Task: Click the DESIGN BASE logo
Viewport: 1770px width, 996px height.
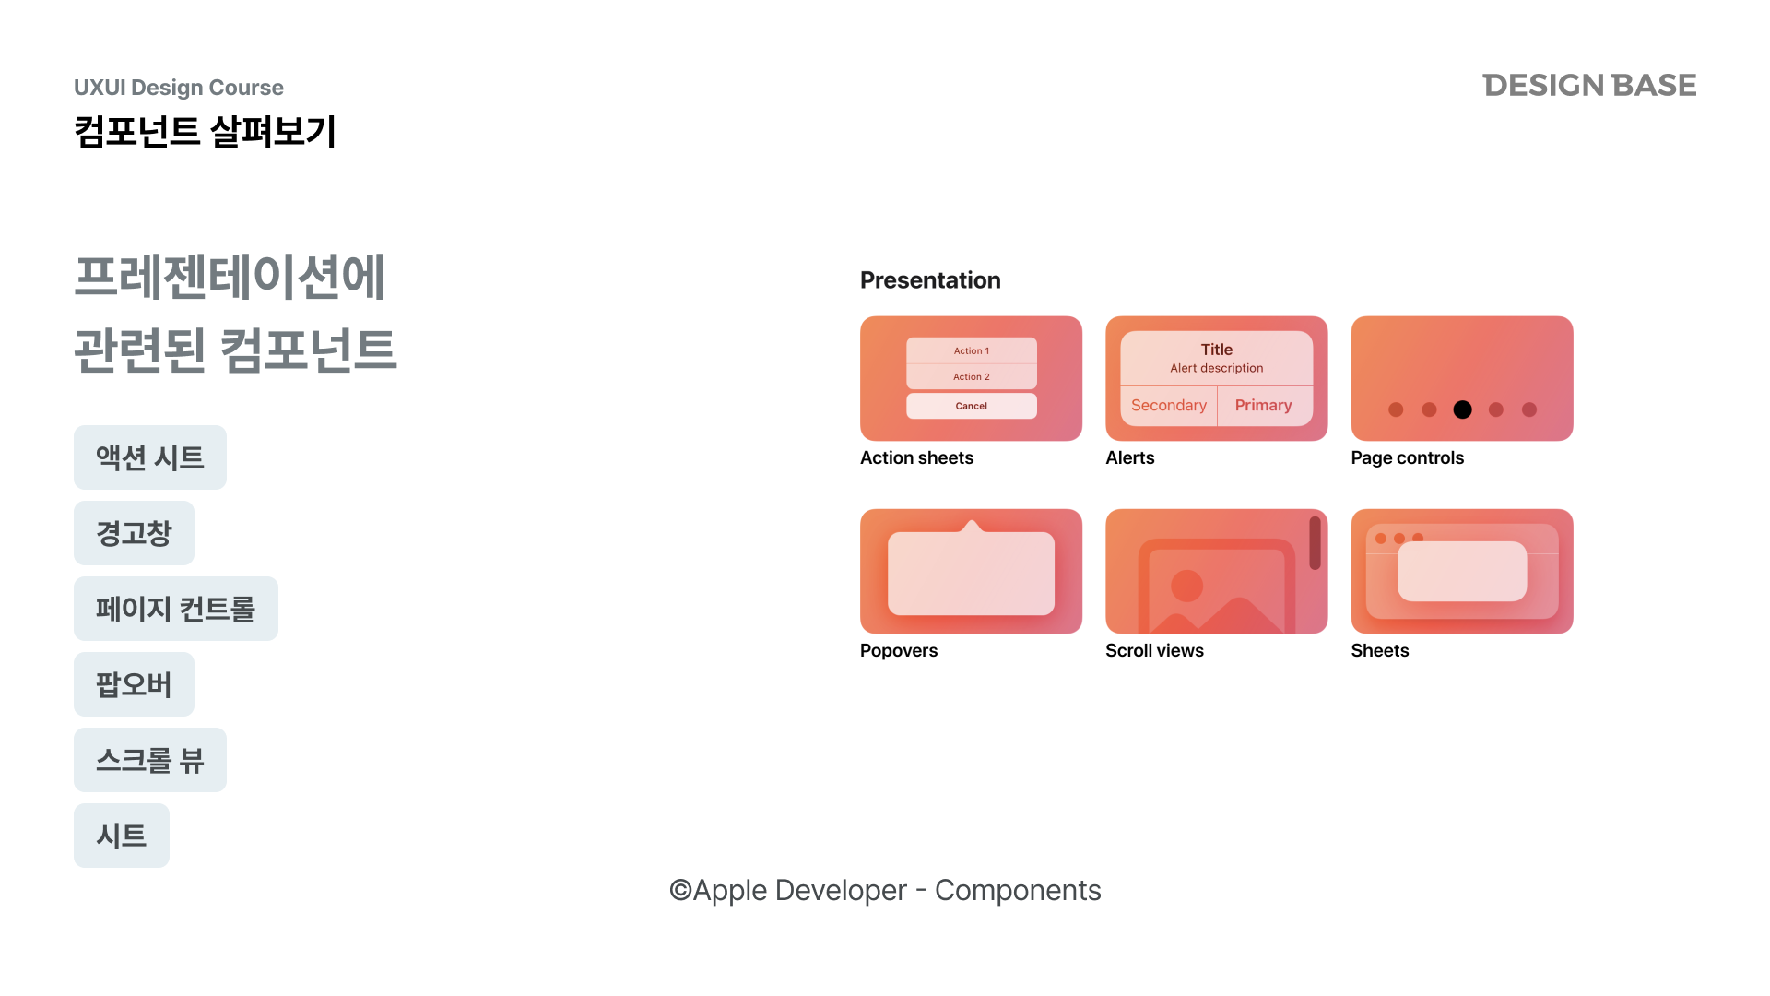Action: coord(1588,86)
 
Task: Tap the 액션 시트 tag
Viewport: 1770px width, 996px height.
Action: coord(150,457)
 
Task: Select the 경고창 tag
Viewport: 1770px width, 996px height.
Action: coord(134,533)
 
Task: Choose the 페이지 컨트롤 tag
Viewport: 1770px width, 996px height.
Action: coord(175,609)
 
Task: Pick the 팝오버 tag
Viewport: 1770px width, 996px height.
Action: coord(134,684)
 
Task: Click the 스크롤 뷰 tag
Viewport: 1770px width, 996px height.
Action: coord(150,760)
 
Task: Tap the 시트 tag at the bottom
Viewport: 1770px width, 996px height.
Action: coord(122,836)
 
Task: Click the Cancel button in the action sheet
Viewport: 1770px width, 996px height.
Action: coord(971,406)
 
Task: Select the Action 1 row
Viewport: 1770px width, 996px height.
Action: coord(971,351)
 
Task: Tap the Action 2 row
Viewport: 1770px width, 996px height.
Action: coord(971,377)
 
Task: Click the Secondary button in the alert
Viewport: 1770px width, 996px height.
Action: coord(1168,406)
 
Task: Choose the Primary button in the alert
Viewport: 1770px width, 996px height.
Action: coord(1263,406)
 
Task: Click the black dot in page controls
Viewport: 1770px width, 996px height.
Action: coord(1462,409)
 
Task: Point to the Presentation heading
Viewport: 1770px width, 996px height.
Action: coord(930,280)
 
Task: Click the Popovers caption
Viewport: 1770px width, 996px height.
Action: coord(899,650)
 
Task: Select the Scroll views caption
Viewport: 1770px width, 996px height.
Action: coord(1154,650)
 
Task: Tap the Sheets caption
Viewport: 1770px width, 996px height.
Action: coord(1380,650)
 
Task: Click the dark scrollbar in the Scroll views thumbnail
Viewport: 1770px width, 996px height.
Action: coord(1315,542)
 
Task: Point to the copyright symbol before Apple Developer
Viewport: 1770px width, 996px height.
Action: coord(680,890)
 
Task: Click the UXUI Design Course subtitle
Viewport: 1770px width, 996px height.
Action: coord(179,88)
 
